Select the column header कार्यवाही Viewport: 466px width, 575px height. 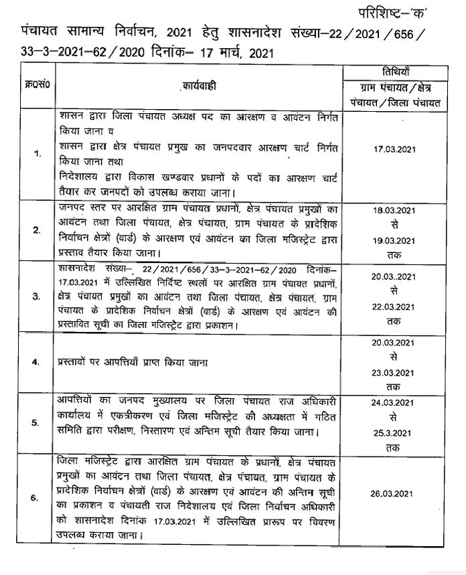coord(200,88)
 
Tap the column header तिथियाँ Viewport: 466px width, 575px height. coord(403,73)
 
